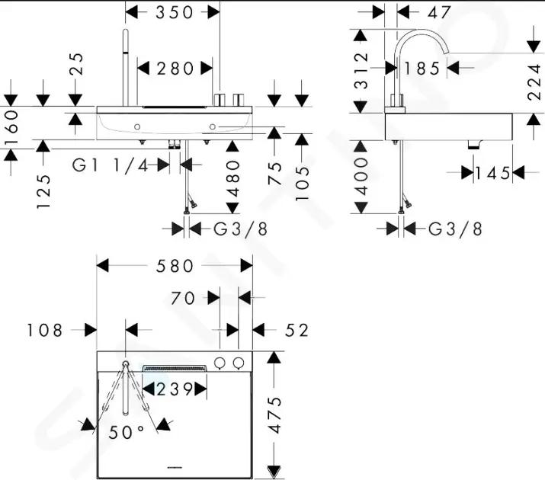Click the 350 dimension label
(174, 12)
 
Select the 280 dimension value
(175, 69)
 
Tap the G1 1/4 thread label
(111, 165)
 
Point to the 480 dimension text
(233, 178)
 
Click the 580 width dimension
(175, 266)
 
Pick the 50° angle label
(127, 432)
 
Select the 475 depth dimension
(276, 414)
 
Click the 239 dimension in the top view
(175, 389)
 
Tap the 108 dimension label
(44, 331)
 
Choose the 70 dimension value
(183, 299)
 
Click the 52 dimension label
(297, 331)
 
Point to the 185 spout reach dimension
(422, 69)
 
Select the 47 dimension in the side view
(439, 13)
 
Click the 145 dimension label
(493, 173)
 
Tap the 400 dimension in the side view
(361, 177)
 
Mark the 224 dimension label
(534, 82)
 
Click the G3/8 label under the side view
(455, 229)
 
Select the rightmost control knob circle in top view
(238, 363)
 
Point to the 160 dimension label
(11, 127)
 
